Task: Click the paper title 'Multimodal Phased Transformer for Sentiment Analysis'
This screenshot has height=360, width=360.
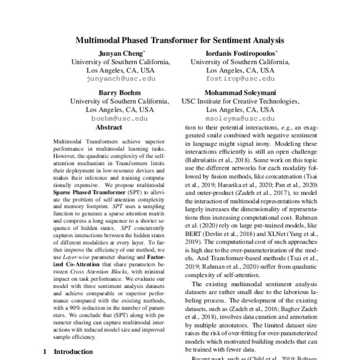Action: click(179, 42)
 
